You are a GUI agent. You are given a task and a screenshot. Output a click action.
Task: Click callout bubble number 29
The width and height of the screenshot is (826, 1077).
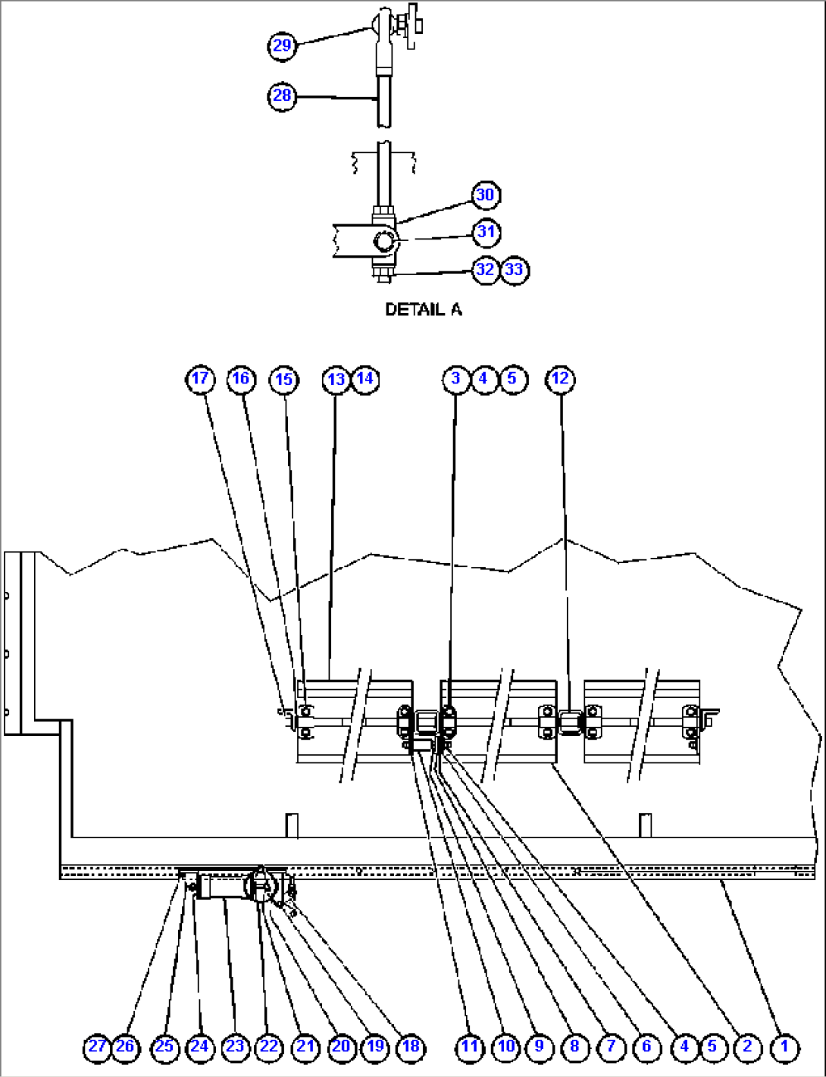pyautogui.click(x=282, y=45)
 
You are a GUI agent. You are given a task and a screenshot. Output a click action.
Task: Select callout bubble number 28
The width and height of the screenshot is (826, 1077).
pyautogui.click(x=282, y=96)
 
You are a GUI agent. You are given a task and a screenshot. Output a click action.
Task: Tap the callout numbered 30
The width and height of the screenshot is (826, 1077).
pyautogui.click(x=485, y=196)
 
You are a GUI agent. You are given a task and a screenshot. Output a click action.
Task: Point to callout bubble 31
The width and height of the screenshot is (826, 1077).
pyautogui.click(x=487, y=232)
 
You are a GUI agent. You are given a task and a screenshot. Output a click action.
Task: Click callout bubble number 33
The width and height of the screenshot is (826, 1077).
pyautogui.click(x=515, y=270)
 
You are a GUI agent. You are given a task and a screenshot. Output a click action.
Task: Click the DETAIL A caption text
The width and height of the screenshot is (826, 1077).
pyautogui.click(x=423, y=309)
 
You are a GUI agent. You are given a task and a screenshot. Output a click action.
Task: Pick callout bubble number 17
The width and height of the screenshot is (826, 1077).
pyautogui.click(x=200, y=379)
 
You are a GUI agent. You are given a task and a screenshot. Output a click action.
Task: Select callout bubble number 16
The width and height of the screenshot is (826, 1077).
pyautogui.click(x=241, y=379)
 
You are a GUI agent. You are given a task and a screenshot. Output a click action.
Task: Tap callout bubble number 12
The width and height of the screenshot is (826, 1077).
pyautogui.click(x=561, y=379)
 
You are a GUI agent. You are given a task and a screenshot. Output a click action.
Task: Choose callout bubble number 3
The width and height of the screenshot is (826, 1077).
pyautogui.click(x=455, y=379)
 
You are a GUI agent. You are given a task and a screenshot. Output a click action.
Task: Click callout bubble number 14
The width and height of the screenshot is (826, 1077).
pyautogui.click(x=365, y=379)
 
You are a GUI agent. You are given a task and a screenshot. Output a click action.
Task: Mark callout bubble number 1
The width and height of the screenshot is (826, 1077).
pyautogui.click(x=784, y=1047)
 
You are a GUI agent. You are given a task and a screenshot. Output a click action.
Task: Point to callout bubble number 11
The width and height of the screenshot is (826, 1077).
pyautogui.click(x=470, y=1047)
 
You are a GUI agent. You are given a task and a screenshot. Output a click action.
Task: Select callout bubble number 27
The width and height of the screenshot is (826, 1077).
pyautogui.click(x=97, y=1047)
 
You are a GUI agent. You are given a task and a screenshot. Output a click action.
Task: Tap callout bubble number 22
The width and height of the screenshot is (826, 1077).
pyautogui.click(x=269, y=1047)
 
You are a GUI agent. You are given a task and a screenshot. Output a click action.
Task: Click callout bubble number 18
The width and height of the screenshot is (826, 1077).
pyautogui.click(x=411, y=1047)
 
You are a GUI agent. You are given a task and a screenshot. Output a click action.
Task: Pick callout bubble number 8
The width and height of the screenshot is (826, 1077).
pyautogui.click(x=574, y=1047)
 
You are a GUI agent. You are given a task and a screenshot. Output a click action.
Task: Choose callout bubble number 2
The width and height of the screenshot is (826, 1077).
pyautogui.click(x=747, y=1047)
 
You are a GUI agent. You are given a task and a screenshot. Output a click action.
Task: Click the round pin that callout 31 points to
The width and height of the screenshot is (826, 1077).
pyautogui.click(x=385, y=242)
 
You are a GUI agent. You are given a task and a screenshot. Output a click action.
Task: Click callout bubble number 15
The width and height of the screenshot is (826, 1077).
pyautogui.click(x=284, y=379)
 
